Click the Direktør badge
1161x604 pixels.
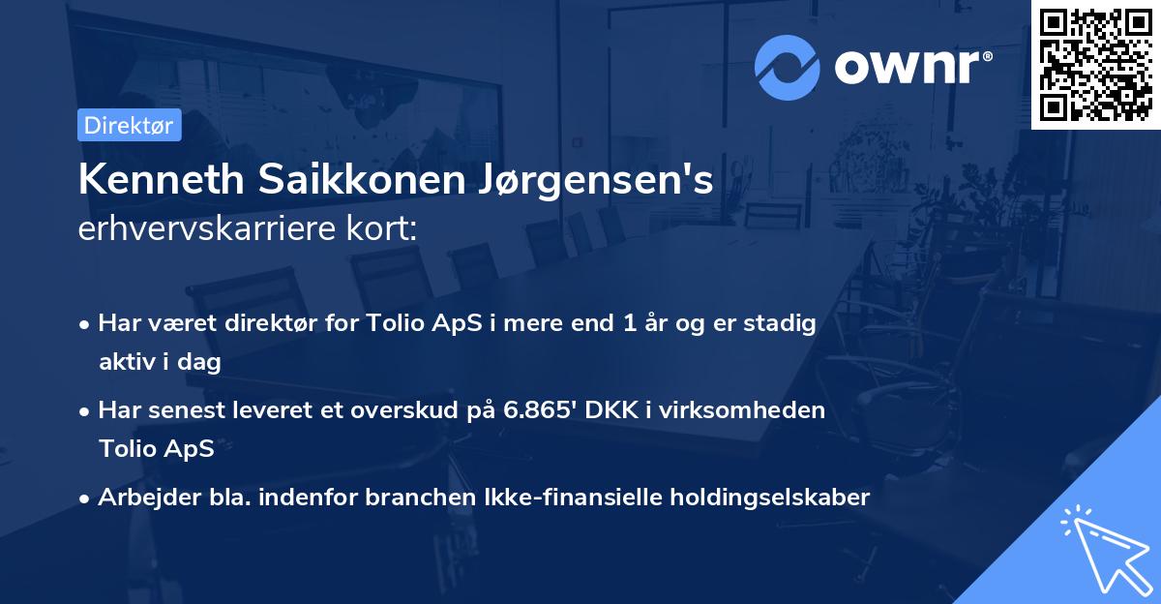pyautogui.click(x=129, y=126)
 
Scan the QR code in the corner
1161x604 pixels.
pyautogui.click(x=1095, y=64)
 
